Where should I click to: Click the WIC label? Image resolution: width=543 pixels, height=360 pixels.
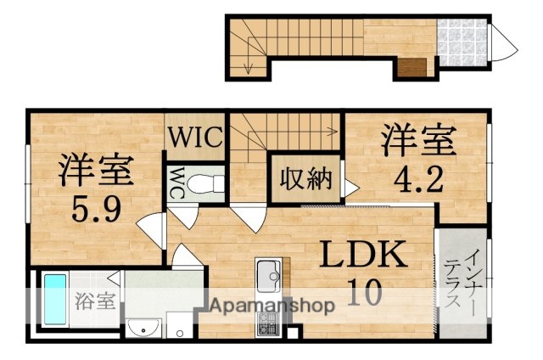[194, 136]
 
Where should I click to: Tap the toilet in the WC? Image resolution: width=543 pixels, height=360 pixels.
[204, 182]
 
